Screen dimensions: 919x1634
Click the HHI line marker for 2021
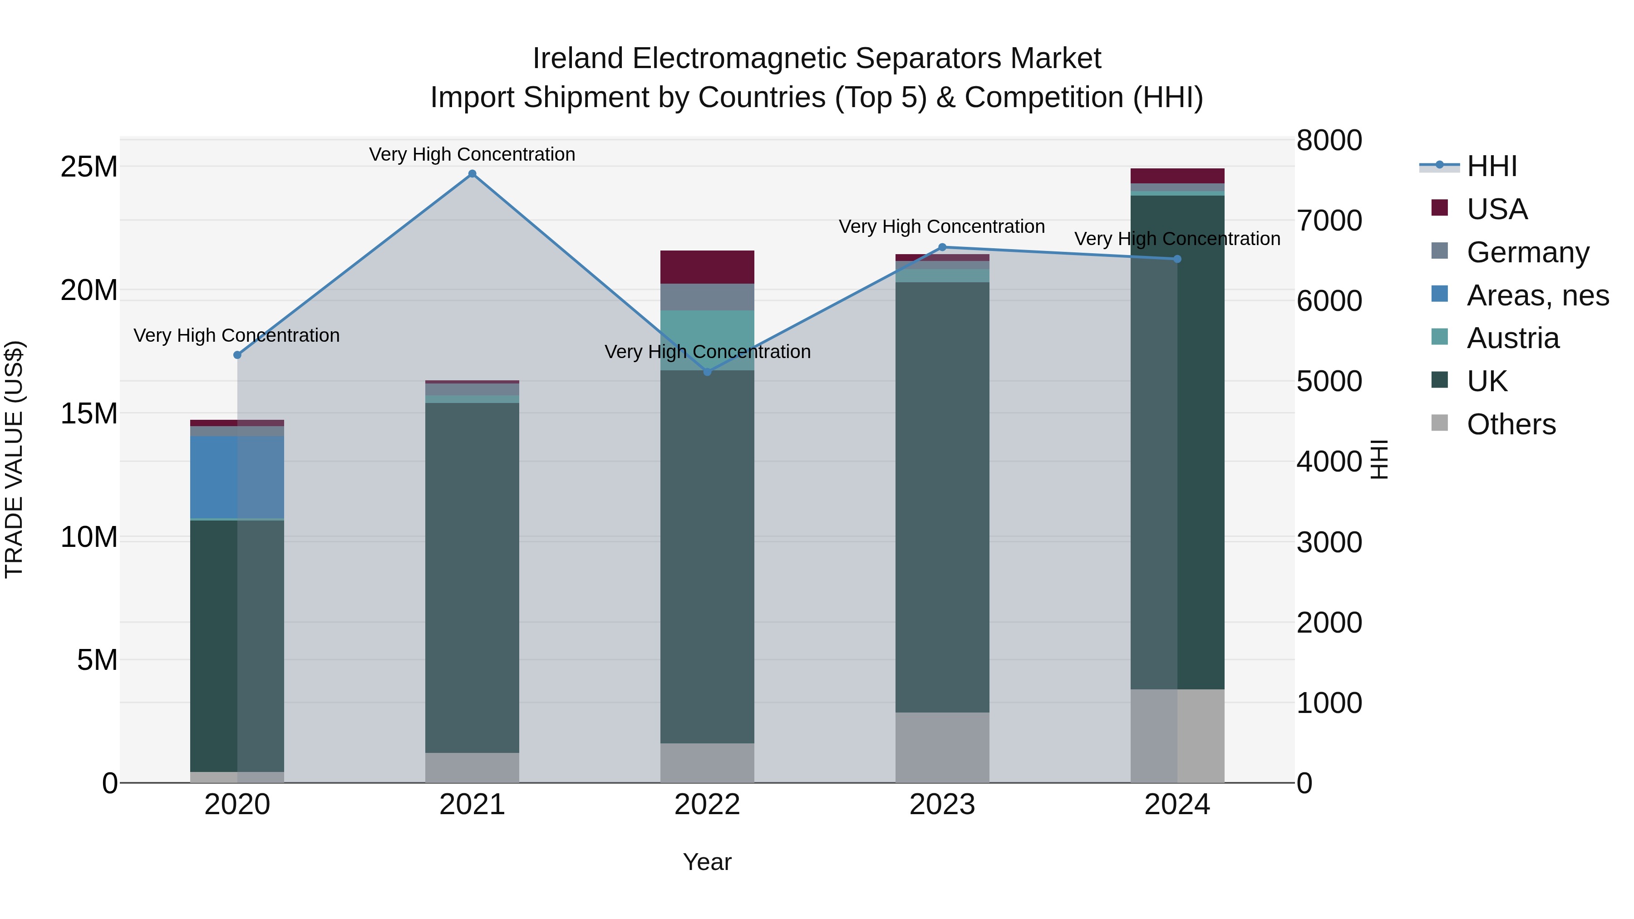[472, 174]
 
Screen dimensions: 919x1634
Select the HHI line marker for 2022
[707, 372]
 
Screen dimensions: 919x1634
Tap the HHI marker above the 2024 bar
[1177, 259]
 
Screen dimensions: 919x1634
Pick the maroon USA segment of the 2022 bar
[707, 267]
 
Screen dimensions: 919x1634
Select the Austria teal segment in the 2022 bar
[707, 340]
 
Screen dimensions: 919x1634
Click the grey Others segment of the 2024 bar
[1177, 736]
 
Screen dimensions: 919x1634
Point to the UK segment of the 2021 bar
[472, 577]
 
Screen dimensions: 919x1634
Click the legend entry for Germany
[1527, 252]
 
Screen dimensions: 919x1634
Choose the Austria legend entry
[1512, 338]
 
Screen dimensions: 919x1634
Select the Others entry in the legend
[1511, 424]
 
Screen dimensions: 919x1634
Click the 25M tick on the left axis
[89, 167]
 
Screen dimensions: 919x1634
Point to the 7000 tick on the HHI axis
[1329, 221]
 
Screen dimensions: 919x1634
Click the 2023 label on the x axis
[942, 805]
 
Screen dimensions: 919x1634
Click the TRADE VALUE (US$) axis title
[14, 459]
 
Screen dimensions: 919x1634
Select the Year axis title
[707, 862]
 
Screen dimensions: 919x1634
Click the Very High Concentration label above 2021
[472, 154]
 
